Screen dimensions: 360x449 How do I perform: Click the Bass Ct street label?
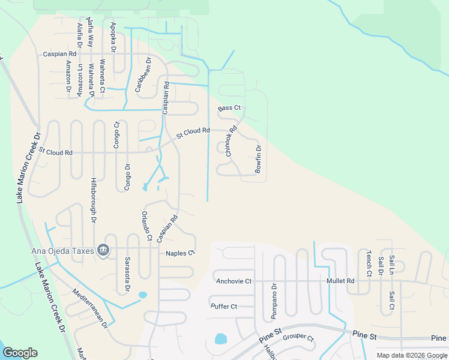click(x=229, y=108)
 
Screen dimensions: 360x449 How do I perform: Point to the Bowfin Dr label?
click(x=258, y=160)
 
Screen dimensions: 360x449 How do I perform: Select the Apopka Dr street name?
click(x=113, y=37)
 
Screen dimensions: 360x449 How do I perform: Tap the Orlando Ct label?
click(x=146, y=226)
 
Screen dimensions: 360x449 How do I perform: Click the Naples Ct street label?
click(x=181, y=253)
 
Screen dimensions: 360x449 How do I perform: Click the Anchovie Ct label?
click(x=234, y=281)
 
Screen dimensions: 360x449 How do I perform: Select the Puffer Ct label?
click(x=224, y=307)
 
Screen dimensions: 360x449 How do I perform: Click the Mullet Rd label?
click(x=340, y=281)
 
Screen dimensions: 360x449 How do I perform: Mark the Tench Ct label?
click(x=369, y=264)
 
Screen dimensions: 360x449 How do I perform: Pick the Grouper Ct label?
click(x=298, y=337)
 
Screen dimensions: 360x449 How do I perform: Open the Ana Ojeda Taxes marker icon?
click(x=103, y=249)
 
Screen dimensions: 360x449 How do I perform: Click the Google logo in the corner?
click(x=20, y=353)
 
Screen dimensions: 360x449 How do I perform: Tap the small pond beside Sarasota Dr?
click(x=143, y=295)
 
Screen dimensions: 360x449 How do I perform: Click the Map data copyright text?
click(x=412, y=355)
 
